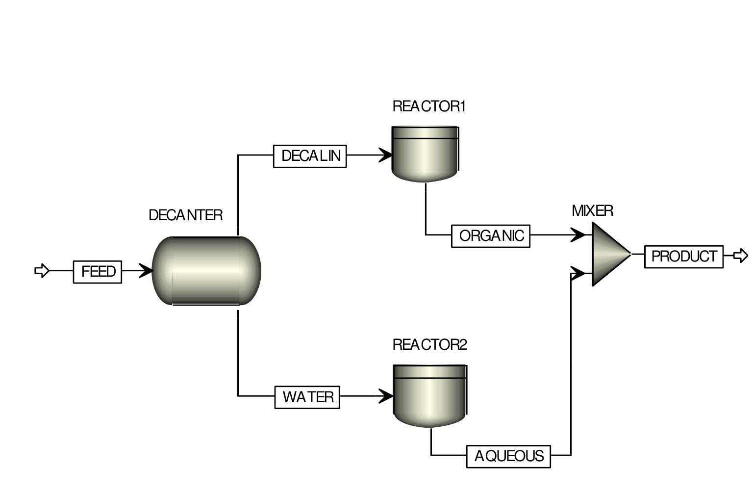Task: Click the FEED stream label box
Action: point(98,272)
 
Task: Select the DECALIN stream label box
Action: point(310,156)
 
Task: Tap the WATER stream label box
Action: point(307,397)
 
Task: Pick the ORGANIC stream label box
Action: point(491,236)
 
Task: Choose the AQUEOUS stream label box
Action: point(508,457)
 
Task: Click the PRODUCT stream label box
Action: point(684,257)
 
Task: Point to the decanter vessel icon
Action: point(206,271)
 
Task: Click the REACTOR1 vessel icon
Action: point(425,154)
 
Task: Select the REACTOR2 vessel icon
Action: point(430,395)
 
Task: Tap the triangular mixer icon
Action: point(609,254)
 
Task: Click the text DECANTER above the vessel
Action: point(185,215)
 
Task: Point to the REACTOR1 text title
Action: point(429,106)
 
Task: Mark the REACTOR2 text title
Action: point(430,345)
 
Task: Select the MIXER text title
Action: point(592,211)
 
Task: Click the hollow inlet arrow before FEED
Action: point(42,271)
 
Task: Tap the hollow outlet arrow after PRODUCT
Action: point(741,256)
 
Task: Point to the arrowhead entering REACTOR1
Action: point(385,155)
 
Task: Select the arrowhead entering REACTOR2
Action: point(386,395)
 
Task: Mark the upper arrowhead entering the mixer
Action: point(579,235)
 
